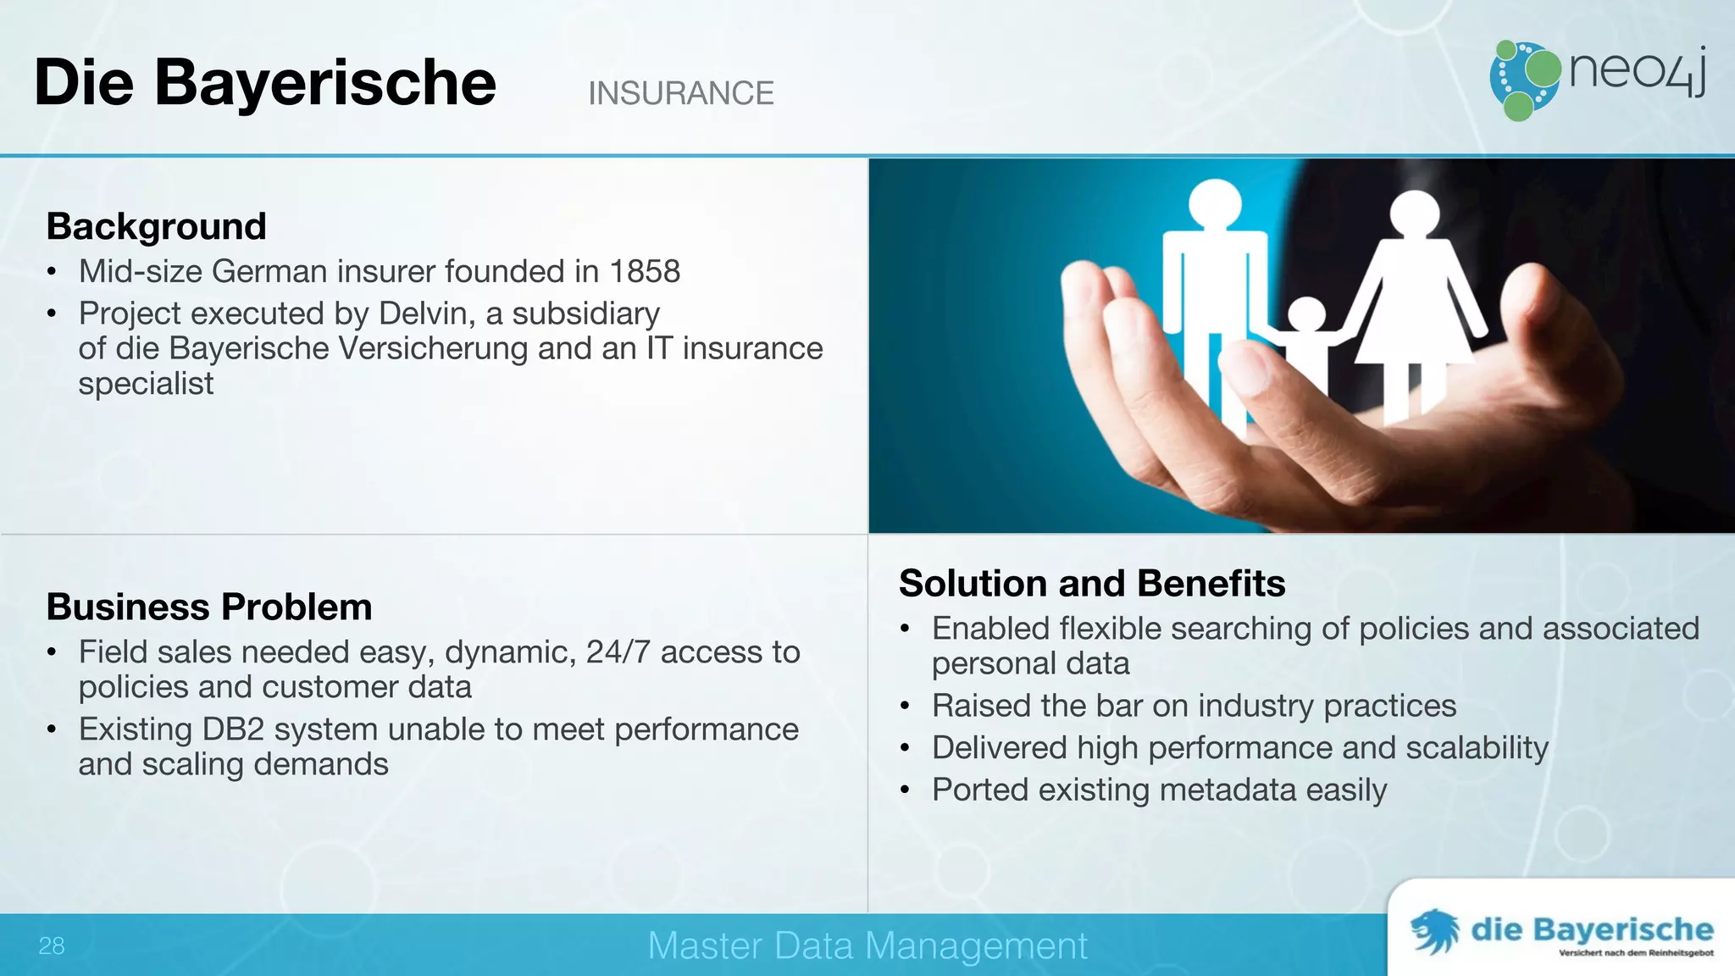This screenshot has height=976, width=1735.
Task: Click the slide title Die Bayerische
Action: click(x=264, y=83)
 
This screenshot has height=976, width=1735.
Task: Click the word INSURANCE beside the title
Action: click(x=680, y=93)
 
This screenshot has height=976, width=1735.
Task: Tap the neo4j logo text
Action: click(x=1636, y=71)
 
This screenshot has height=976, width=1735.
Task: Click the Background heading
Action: click(x=156, y=227)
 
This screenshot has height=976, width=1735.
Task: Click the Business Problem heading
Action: click(x=208, y=607)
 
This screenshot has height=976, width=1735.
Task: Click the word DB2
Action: click(x=233, y=729)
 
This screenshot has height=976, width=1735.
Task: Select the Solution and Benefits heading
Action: click(x=1091, y=584)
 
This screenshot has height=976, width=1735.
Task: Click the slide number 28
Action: click(x=51, y=945)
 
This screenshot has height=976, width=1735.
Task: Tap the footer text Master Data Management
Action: click(x=867, y=945)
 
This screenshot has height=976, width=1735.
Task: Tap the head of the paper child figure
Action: click(x=1307, y=316)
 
